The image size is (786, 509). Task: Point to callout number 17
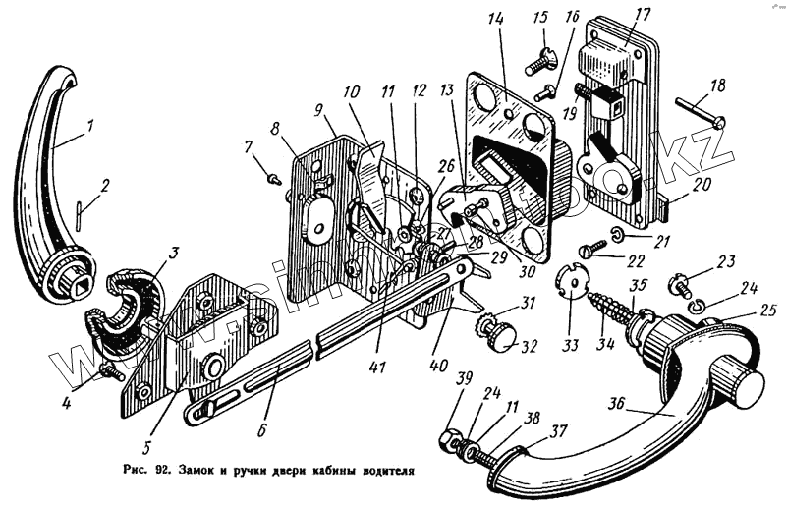tap(643, 14)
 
